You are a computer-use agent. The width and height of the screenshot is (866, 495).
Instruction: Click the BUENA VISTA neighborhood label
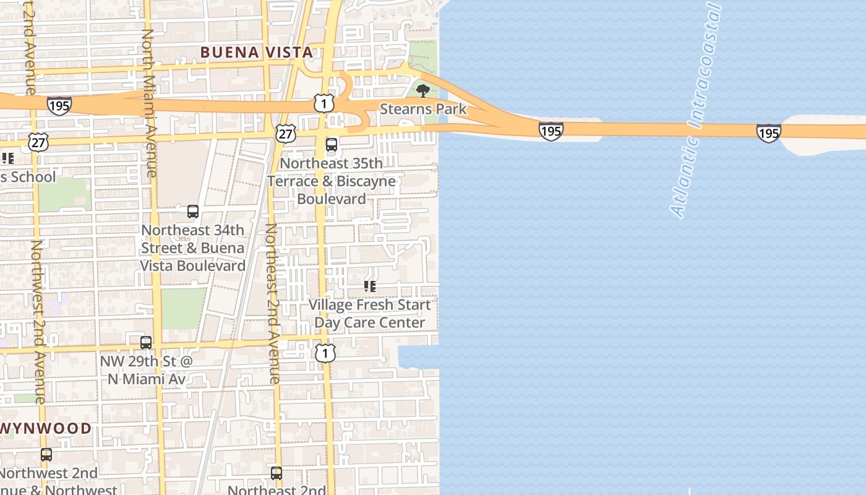[257, 53]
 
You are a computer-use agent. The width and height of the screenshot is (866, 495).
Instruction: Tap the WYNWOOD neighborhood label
[46, 428]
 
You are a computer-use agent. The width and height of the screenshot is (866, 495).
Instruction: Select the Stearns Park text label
[423, 110]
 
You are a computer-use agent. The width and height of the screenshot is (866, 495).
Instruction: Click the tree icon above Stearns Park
[423, 92]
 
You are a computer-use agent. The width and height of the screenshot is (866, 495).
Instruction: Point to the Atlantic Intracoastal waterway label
[697, 111]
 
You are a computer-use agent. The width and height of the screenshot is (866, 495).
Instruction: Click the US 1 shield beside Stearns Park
[324, 103]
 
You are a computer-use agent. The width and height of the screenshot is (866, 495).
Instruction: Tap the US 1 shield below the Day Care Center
[325, 353]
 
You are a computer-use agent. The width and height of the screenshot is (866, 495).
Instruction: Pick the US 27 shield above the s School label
[38, 141]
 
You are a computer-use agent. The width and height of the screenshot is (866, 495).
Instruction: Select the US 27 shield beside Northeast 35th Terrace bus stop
[286, 134]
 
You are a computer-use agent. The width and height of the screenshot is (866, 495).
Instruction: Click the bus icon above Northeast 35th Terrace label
[332, 145]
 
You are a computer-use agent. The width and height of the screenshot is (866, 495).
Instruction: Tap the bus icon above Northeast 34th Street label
[193, 212]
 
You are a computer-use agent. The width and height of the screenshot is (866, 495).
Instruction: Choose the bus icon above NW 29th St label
[146, 343]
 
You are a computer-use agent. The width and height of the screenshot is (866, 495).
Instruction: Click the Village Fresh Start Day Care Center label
[370, 314]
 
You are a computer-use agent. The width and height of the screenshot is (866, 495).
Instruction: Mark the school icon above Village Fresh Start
[370, 286]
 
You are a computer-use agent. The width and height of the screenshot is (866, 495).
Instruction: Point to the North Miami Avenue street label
[150, 102]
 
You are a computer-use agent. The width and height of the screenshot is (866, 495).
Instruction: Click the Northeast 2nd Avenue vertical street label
[273, 303]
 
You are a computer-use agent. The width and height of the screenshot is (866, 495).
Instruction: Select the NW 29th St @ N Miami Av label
[147, 369]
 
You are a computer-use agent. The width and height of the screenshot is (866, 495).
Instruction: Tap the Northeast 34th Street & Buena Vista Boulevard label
[193, 247]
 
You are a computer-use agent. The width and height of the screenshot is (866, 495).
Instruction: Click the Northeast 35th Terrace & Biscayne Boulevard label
[332, 181]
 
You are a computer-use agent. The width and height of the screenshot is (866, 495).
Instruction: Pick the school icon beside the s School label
[7, 158]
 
